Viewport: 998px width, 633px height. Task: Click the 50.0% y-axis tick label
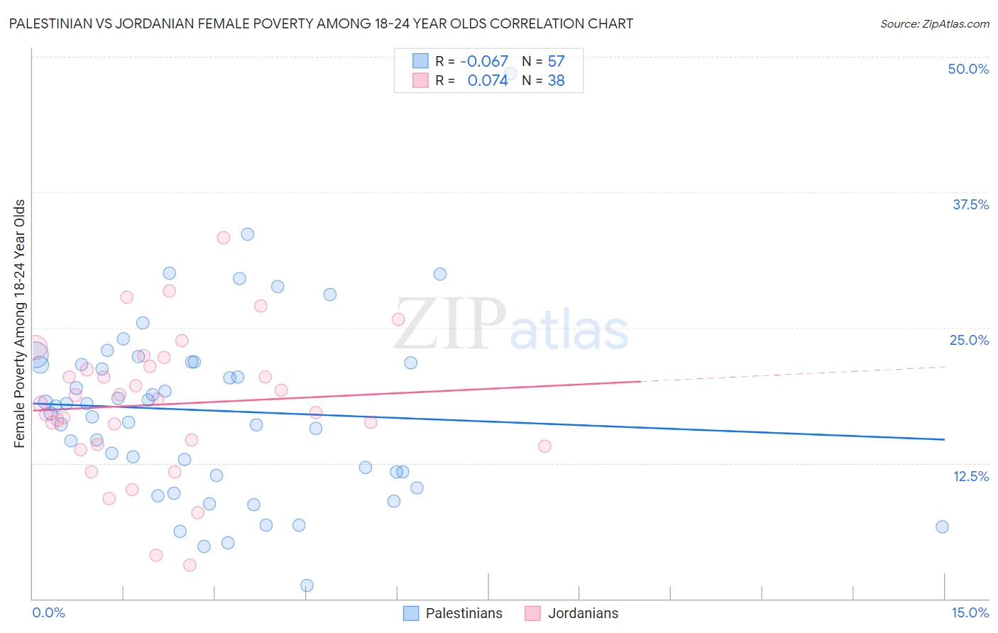[x=968, y=69]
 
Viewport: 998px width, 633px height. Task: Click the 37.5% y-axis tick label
[x=970, y=204]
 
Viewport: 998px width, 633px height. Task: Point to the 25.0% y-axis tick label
[x=969, y=340]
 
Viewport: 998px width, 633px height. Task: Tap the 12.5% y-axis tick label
[x=970, y=476]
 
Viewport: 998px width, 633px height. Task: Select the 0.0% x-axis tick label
[x=48, y=612]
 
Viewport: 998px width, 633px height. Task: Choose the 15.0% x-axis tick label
[x=970, y=612]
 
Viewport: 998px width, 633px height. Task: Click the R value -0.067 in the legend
[x=484, y=61]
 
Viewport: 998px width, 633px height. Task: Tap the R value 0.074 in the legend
[x=488, y=81]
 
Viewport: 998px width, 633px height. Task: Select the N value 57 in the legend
[x=556, y=61]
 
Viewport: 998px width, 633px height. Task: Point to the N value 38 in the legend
[x=556, y=81]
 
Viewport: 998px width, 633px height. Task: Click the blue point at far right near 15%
[x=942, y=527]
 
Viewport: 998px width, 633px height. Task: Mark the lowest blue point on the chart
[x=307, y=585]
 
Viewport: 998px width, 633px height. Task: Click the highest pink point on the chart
[x=224, y=238]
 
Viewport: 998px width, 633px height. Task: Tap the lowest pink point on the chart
[x=190, y=565]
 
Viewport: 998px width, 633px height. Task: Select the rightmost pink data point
[x=544, y=446]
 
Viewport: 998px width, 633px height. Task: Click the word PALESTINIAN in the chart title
[x=53, y=23]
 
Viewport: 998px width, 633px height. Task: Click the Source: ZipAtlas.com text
[x=934, y=23]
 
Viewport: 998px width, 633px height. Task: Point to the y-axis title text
[x=20, y=324]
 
